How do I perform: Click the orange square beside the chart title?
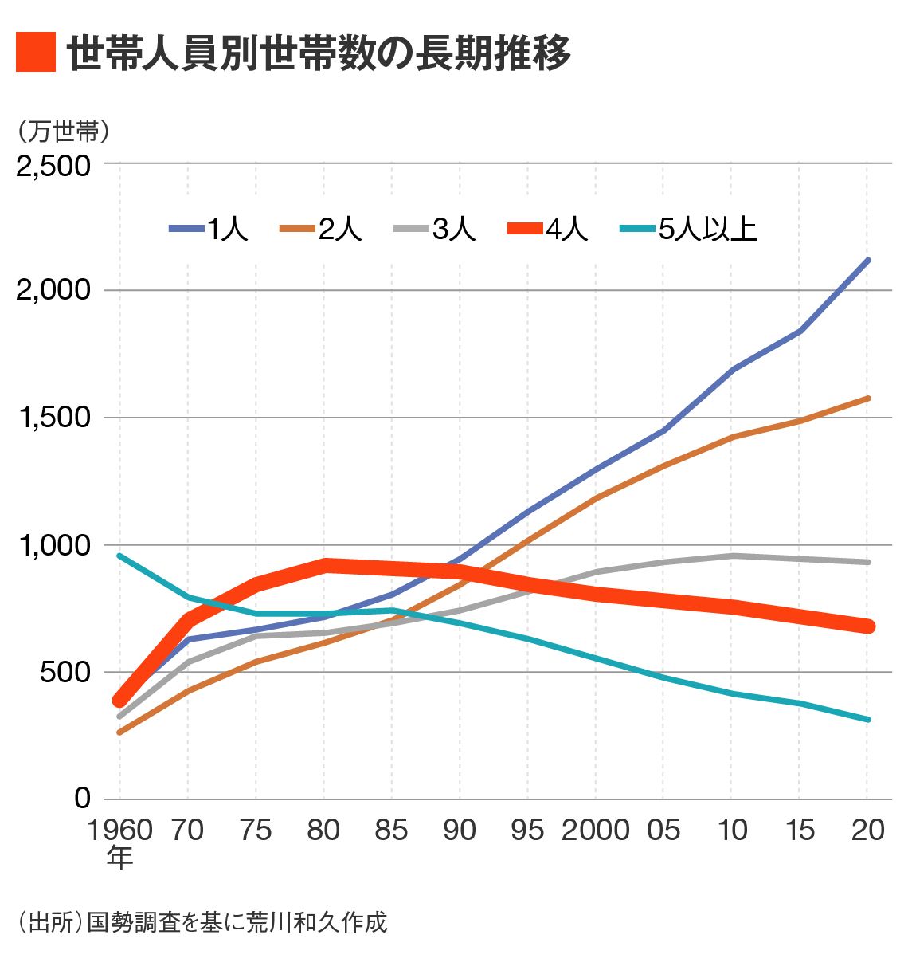(x=36, y=53)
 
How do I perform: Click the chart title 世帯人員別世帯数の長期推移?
(x=318, y=53)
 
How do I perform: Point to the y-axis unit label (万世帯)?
(x=63, y=130)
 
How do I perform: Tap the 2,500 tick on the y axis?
(x=53, y=165)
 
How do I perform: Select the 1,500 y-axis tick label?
(x=53, y=418)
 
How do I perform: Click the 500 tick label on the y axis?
(x=65, y=672)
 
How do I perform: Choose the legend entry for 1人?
(x=209, y=230)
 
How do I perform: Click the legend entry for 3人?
(x=436, y=230)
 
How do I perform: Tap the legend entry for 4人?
(x=549, y=230)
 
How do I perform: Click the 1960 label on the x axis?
(x=119, y=830)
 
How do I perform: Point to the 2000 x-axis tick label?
(x=595, y=830)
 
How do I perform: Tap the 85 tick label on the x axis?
(x=391, y=830)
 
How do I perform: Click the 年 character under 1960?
(x=119, y=858)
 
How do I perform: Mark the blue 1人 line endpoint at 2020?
(x=867, y=261)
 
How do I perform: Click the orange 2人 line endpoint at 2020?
(x=867, y=398)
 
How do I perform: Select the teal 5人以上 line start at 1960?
(x=119, y=556)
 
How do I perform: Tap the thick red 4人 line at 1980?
(x=324, y=566)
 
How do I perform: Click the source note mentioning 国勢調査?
(x=202, y=922)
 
